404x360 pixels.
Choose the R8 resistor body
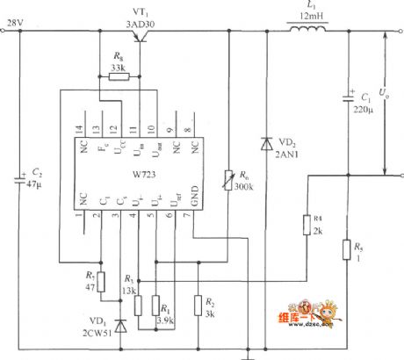point(117,77)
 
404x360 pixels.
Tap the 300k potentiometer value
point(244,187)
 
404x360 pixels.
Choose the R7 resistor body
point(103,281)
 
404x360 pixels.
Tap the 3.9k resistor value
point(164,321)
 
